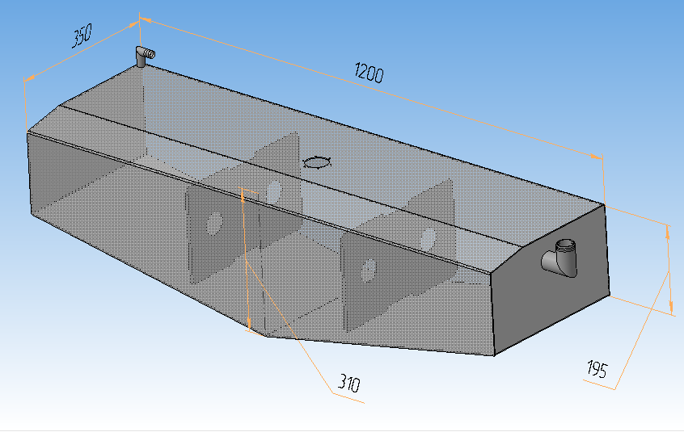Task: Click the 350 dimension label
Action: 82,36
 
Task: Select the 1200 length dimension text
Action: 369,73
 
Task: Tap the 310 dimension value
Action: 349,383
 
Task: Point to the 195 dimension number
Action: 597,369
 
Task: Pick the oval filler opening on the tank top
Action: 317,162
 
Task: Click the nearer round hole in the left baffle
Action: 213,224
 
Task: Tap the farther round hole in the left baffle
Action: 274,191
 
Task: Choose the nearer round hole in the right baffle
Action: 369,270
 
